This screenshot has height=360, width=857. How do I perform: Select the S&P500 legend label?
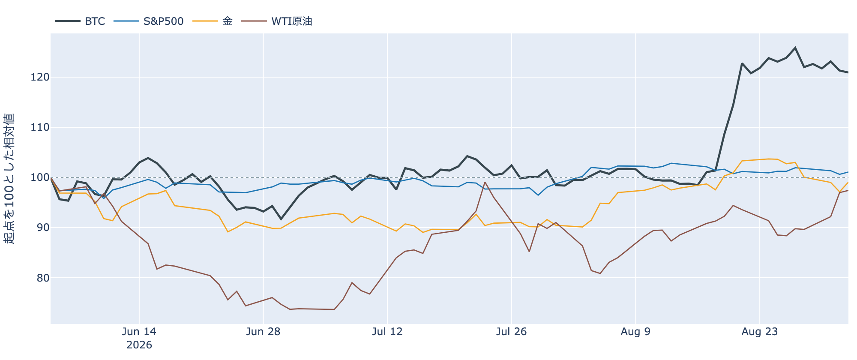coord(163,21)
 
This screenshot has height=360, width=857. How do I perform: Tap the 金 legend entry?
coord(228,21)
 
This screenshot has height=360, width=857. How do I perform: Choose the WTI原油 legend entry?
coord(292,21)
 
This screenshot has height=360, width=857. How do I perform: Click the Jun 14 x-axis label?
coord(139,332)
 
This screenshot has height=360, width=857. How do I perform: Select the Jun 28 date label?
coord(264,332)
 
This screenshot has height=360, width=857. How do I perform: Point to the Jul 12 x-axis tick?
coord(387,332)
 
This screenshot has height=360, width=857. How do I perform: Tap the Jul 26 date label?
coord(512,332)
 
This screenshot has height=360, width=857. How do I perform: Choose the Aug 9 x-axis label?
coord(635,332)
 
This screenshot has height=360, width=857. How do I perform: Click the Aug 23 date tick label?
coord(760,332)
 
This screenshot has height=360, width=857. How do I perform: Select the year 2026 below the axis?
coord(139,345)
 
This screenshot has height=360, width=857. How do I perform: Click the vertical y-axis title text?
coord(9,179)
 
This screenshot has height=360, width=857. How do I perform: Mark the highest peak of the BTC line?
coord(795,48)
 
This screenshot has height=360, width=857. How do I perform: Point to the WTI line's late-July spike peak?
coord(485,182)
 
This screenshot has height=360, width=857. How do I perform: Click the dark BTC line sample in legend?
coord(68,21)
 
